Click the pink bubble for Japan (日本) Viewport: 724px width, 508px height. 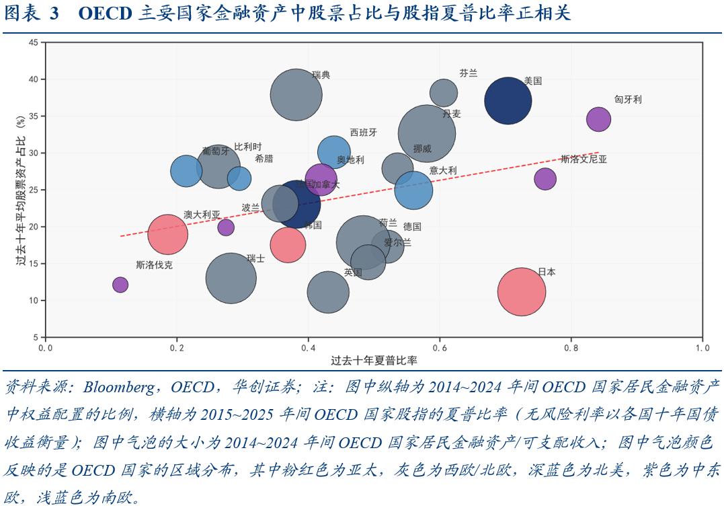click(x=521, y=291)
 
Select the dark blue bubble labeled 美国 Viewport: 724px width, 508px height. click(x=508, y=101)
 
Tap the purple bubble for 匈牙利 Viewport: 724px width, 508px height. click(x=598, y=119)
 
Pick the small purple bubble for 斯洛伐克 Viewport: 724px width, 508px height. click(x=120, y=285)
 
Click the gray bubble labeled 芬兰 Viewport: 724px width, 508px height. click(x=443, y=93)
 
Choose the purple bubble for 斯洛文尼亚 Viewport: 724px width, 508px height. click(x=545, y=179)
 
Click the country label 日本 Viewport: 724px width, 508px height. click(x=547, y=273)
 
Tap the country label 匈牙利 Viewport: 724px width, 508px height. click(x=628, y=100)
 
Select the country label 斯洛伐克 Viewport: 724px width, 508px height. click(x=154, y=265)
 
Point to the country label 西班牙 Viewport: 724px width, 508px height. click(x=364, y=132)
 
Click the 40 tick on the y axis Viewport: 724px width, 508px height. click(x=33, y=79)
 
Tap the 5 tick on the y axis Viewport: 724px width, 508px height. click(x=35, y=337)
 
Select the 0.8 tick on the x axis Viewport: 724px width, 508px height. click(x=571, y=348)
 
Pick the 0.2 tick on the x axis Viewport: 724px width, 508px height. click(x=177, y=348)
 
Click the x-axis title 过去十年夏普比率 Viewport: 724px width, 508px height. click(x=374, y=361)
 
